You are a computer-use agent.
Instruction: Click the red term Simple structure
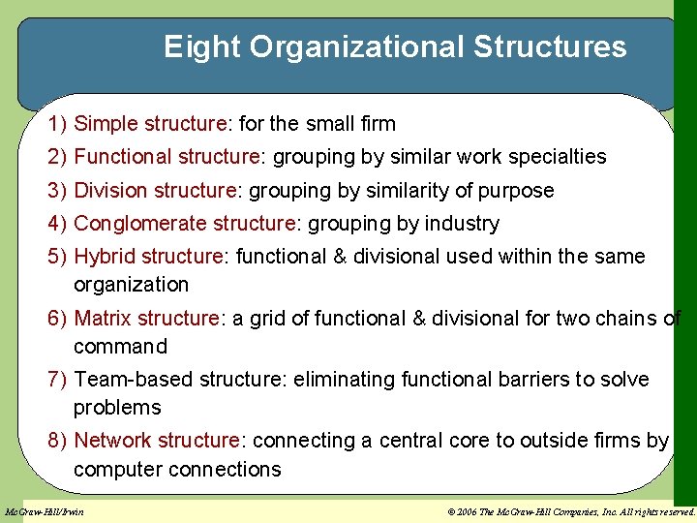coord(150,124)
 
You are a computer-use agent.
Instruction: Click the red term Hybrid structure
coord(149,257)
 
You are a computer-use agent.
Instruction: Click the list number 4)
coord(57,224)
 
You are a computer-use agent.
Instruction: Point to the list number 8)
coord(57,441)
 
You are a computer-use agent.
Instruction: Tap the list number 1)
coord(57,124)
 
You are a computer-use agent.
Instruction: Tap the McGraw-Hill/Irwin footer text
coord(45,511)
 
